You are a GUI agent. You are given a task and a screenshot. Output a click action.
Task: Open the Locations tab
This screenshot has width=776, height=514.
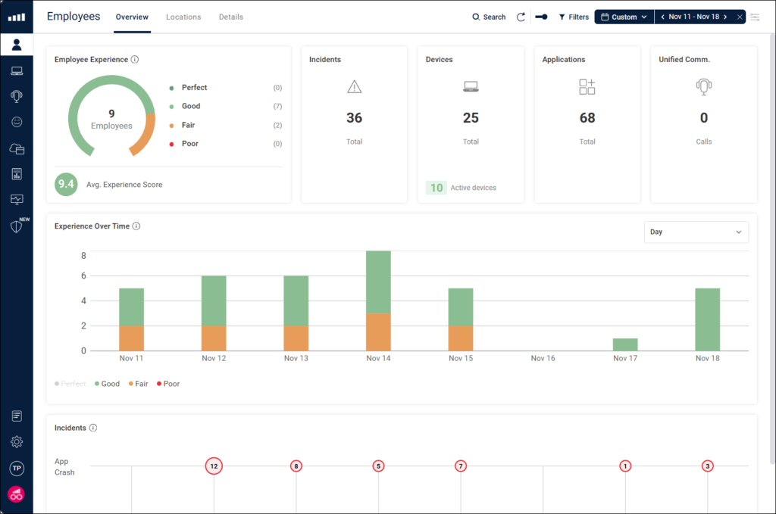coord(183,17)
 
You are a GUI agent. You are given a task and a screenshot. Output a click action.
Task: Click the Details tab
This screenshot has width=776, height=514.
coord(231,17)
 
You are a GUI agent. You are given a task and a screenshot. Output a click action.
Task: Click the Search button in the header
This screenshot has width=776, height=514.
coord(489,17)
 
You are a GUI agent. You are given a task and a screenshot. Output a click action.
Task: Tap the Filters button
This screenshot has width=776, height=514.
coord(574,17)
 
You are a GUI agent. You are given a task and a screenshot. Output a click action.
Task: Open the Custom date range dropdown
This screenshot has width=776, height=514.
coord(624,17)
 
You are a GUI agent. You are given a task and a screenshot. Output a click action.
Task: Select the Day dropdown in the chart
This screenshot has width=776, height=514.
coord(696,232)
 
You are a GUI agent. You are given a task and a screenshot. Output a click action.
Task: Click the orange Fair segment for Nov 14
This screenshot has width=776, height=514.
coord(378,332)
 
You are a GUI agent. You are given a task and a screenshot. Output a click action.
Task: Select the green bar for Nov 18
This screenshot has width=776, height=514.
coord(707,319)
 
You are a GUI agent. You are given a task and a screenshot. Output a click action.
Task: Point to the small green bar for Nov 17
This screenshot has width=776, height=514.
coord(625,344)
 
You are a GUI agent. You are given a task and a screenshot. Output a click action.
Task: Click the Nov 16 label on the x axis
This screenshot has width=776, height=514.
coord(543,358)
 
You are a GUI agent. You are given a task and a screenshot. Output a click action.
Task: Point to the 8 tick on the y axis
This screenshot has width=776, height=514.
coord(83,256)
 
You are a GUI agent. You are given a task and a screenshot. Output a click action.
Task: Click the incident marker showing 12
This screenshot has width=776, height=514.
coord(214,466)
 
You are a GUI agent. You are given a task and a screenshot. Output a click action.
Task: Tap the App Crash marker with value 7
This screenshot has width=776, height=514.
coord(461,466)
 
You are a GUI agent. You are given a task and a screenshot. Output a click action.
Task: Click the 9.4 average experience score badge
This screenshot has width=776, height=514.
coord(66,184)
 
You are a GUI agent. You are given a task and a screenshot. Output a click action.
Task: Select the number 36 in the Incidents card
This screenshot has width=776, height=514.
coord(354,118)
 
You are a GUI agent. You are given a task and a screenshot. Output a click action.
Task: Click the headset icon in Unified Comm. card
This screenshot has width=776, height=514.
coord(704,87)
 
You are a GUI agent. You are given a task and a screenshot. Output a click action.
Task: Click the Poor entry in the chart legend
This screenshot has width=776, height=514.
coord(168,384)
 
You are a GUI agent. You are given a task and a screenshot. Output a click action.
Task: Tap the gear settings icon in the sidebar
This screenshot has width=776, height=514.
coord(17,442)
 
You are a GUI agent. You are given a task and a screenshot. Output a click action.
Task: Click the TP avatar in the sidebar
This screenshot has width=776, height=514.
coord(17,469)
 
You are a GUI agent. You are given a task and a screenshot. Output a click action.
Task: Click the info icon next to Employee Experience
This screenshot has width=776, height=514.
coord(135,60)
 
